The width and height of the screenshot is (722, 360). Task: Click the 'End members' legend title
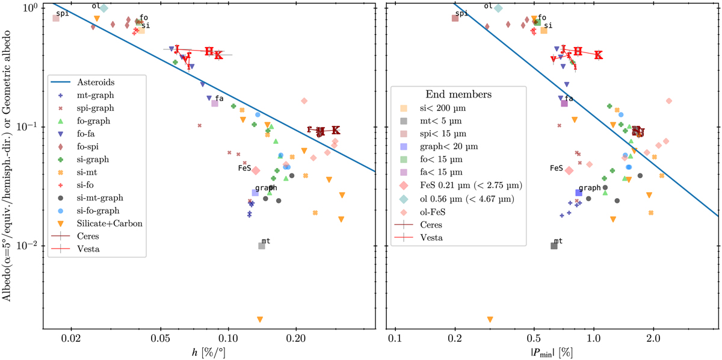coord(458,95)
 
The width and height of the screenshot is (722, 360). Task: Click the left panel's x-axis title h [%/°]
coord(209,350)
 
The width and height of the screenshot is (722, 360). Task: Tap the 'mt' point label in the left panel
coord(266,240)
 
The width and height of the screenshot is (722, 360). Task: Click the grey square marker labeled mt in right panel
coord(554,246)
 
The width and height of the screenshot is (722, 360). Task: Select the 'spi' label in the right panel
coord(461,13)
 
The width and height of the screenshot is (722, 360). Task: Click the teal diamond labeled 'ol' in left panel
coord(104,8)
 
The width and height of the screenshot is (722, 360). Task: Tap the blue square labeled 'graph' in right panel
coord(579,193)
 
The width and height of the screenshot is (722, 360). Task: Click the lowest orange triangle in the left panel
coord(260,319)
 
